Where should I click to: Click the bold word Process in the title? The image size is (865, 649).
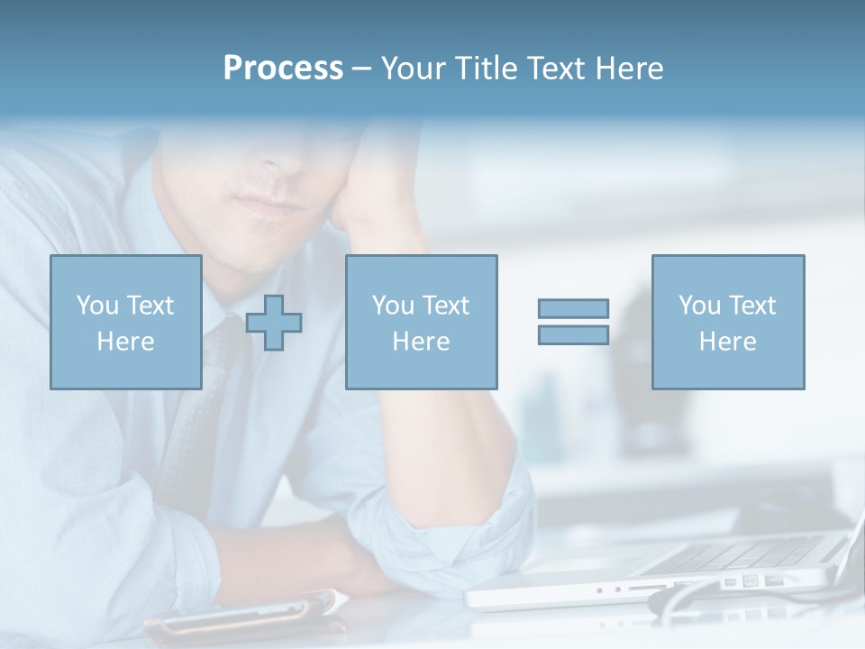[x=283, y=69]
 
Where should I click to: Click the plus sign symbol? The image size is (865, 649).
[x=274, y=323]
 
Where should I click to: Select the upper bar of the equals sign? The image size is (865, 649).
[x=573, y=308]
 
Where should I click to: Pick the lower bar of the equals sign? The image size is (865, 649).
[x=573, y=334]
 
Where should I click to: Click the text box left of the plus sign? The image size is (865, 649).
[x=126, y=322]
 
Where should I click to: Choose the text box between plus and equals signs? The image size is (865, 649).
[x=422, y=322]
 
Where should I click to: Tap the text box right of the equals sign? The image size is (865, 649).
[x=728, y=322]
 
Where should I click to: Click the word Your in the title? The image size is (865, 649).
[x=411, y=69]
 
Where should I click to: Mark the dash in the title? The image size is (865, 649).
[x=360, y=69]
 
